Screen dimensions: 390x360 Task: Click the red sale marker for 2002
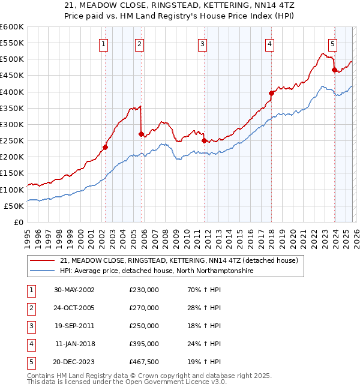(105, 147)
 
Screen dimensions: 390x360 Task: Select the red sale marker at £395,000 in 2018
(271, 93)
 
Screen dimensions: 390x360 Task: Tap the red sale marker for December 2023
(334, 70)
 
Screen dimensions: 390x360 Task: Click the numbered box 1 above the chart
(104, 43)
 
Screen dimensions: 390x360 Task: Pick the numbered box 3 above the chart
(203, 43)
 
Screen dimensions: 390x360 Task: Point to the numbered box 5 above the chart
(332, 43)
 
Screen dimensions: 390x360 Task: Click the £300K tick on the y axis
(11, 124)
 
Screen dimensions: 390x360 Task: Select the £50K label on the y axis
(14, 206)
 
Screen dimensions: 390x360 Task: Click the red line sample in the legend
(43, 261)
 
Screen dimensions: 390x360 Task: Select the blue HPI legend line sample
(43, 271)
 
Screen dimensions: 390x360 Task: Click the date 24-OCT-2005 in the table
(74, 308)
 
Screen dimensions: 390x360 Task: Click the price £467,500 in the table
(143, 362)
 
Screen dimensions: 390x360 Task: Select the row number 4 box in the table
(31, 344)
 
